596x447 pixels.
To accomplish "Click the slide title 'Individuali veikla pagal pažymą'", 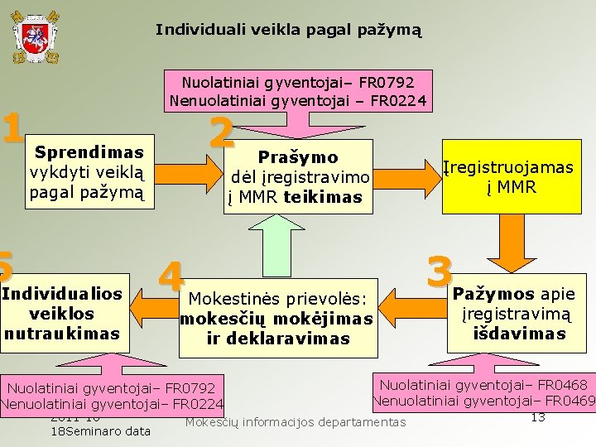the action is click(x=289, y=30).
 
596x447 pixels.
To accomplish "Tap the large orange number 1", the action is click(x=12, y=127).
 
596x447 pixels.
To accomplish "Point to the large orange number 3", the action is click(x=440, y=271).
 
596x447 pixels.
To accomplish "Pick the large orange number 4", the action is click(x=171, y=276).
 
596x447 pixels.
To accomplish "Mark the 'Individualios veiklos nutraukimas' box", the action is click(x=63, y=314).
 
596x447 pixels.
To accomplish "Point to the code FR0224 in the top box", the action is click(x=400, y=102).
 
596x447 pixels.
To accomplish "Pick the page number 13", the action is click(x=537, y=416).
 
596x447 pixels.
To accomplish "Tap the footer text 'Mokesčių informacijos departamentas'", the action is click(x=296, y=422).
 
